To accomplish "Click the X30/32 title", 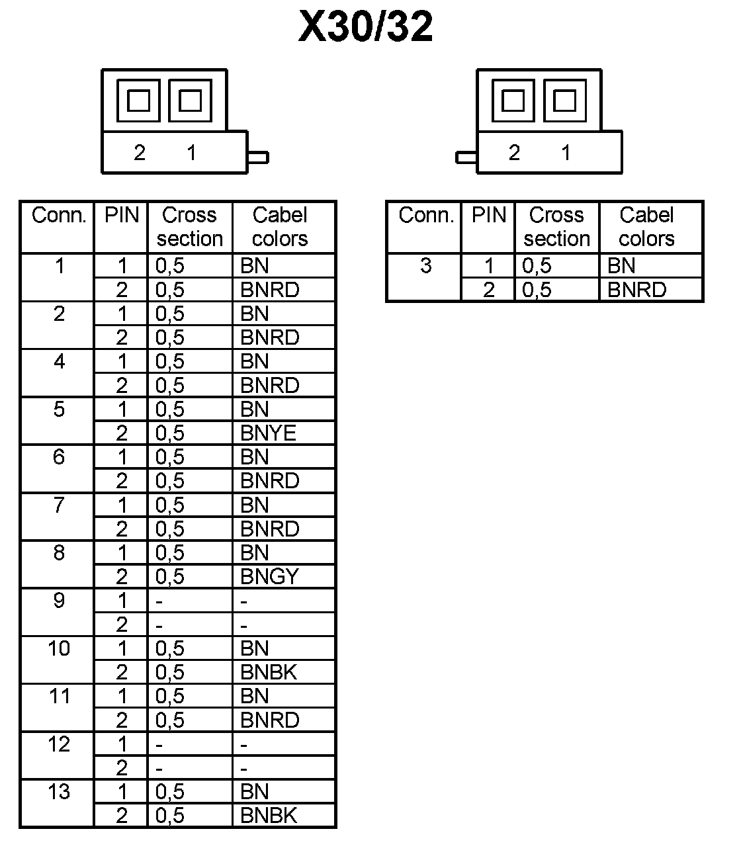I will pyautogui.click(x=366, y=27).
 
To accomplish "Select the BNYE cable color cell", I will pyautogui.click(x=268, y=433).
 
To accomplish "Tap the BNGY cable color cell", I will pyautogui.click(x=269, y=577).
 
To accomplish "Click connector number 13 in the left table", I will pyautogui.click(x=59, y=792).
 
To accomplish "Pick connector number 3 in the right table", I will pyautogui.click(x=425, y=266).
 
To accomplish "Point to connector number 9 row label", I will pyautogui.click(x=59, y=601).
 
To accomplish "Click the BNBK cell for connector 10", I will pyautogui.click(x=269, y=672).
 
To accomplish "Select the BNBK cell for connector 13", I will pyautogui.click(x=269, y=816).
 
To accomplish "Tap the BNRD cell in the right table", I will pyautogui.click(x=636, y=290).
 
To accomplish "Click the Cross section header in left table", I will pyautogui.click(x=189, y=227).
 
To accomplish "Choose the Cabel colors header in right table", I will pyautogui.click(x=646, y=227).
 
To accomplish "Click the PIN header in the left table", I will pyautogui.click(x=122, y=216).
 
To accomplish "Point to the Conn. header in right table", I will pyautogui.click(x=425, y=216).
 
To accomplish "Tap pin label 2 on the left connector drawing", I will pyautogui.click(x=139, y=153).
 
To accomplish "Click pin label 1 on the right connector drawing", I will pyautogui.click(x=566, y=153).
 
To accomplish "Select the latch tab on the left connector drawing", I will pyautogui.click(x=258, y=157).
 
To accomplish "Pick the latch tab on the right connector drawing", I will pyautogui.click(x=466, y=157).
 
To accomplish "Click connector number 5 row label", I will pyautogui.click(x=59, y=410).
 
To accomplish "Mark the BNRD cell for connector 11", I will pyautogui.click(x=269, y=720).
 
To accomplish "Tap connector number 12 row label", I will pyautogui.click(x=59, y=744).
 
